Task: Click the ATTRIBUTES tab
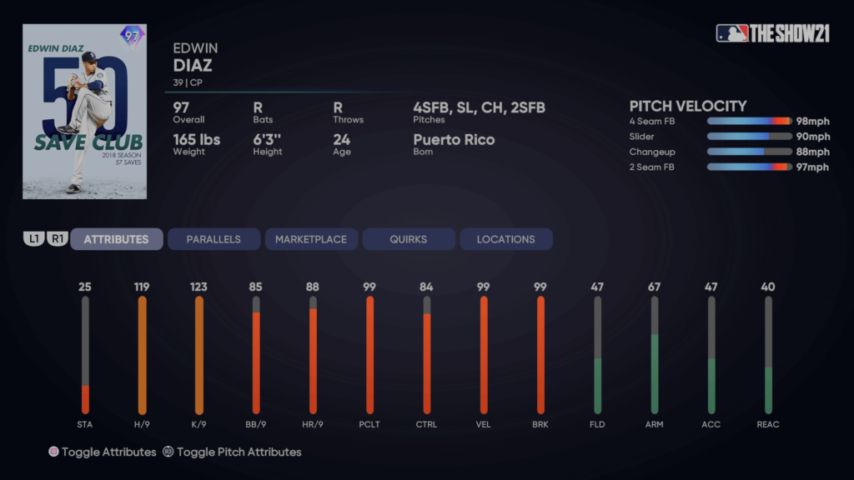(x=116, y=239)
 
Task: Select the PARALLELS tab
(x=213, y=239)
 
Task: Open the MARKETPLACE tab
(x=311, y=239)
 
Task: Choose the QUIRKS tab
(x=409, y=239)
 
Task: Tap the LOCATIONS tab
(x=505, y=239)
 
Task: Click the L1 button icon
(x=34, y=239)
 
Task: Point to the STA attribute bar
(x=85, y=355)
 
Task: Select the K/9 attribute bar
(x=198, y=355)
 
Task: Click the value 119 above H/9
(x=142, y=287)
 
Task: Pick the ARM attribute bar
(x=655, y=355)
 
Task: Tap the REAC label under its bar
(x=768, y=424)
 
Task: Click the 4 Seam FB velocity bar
(x=749, y=122)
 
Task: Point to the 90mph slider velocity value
(x=812, y=137)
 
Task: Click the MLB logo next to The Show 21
(x=731, y=33)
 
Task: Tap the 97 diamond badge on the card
(x=132, y=36)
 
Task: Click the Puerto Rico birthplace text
(x=454, y=139)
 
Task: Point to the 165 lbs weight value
(x=196, y=139)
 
